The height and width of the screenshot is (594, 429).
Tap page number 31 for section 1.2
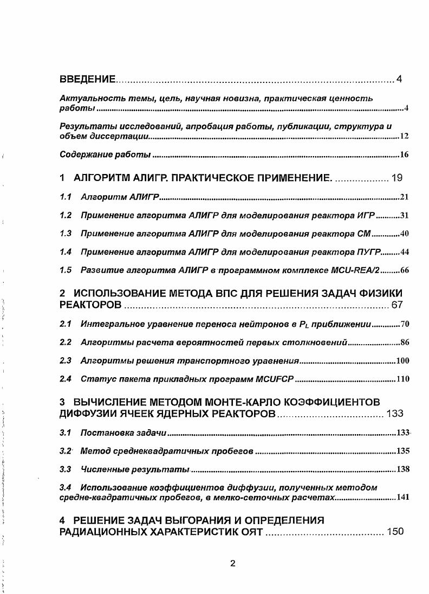point(404,216)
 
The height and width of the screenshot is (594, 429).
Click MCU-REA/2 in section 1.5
point(350,270)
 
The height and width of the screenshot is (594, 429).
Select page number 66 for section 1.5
point(404,271)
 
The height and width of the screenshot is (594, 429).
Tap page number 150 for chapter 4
point(395,532)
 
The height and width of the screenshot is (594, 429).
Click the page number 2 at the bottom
point(232,563)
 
